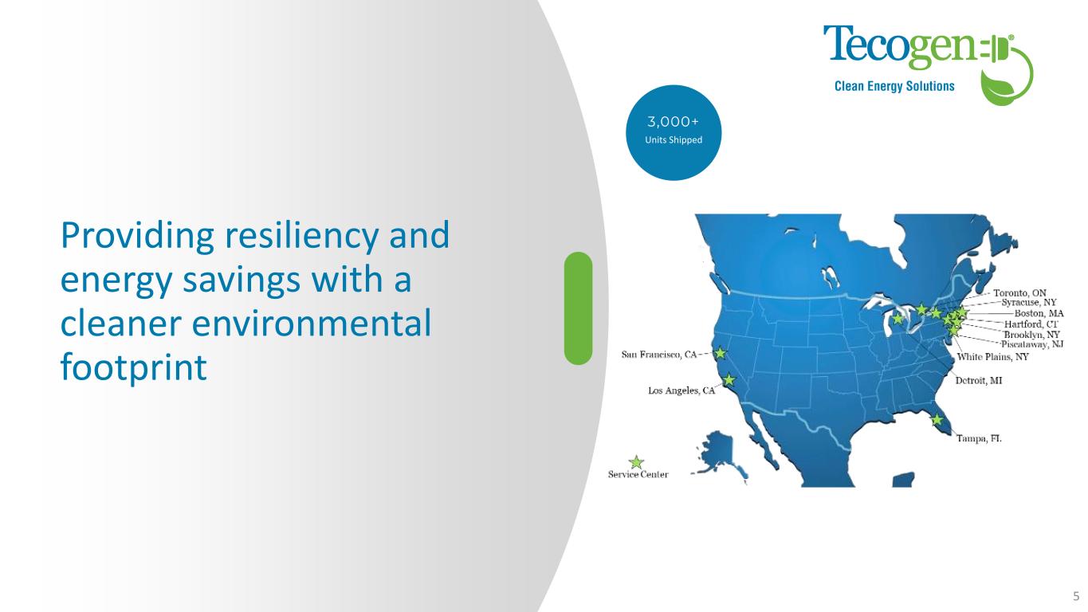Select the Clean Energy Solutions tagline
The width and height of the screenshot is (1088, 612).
(x=894, y=86)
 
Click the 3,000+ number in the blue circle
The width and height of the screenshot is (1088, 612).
(x=673, y=121)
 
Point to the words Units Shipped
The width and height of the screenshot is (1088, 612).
(x=674, y=140)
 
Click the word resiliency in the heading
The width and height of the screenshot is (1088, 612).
(x=301, y=236)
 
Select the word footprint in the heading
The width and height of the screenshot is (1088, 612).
(x=134, y=367)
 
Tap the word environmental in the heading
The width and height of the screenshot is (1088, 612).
(x=312, y=323)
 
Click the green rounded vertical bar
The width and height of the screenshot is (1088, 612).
(x=578, y=308)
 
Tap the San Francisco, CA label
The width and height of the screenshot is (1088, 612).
(x=659, y=355)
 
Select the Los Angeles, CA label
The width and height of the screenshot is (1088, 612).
(x=681, y=390)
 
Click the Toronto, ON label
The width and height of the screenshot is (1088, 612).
(x=1019, y=293)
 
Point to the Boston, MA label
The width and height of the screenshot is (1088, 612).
(x=1039, y=313)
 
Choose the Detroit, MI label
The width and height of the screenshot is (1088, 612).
(x=979, y=380)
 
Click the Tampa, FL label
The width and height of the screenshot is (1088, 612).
(x=979, y=438)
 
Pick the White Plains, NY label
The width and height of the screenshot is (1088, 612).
(x=993, y=357)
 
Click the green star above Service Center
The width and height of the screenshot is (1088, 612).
(x=636, y=462)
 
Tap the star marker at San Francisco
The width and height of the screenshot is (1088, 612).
(x=721, y=353)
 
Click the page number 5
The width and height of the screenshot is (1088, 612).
(x=1076, y=596)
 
